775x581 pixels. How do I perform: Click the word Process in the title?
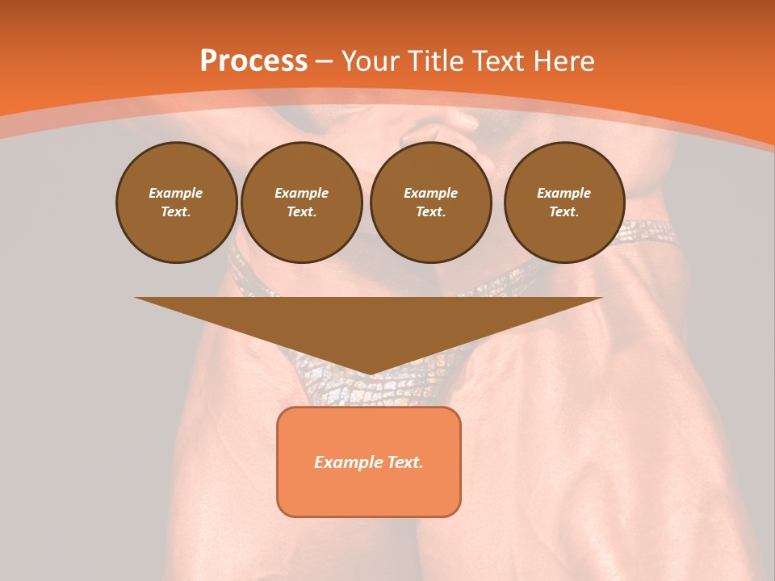[x=253, y=61]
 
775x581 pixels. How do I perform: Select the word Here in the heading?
[x=564, y=61]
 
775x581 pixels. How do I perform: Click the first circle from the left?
[x=176, y=203]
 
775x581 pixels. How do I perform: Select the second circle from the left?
[x=302, y=203]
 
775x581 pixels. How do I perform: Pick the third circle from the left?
[x=430, y=203]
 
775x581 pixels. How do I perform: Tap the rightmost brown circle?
[x=564, y=203]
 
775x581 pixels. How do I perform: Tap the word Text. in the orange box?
[x=405, y=462]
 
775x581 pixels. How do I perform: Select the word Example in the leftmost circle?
[x=176, y=193]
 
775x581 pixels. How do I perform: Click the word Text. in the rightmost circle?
[x=564, y=212]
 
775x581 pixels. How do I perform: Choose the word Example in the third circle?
[x=430, y=193]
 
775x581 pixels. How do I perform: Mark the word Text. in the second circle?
[x=302, y=212]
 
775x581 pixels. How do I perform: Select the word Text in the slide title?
[x=497, y=61]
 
